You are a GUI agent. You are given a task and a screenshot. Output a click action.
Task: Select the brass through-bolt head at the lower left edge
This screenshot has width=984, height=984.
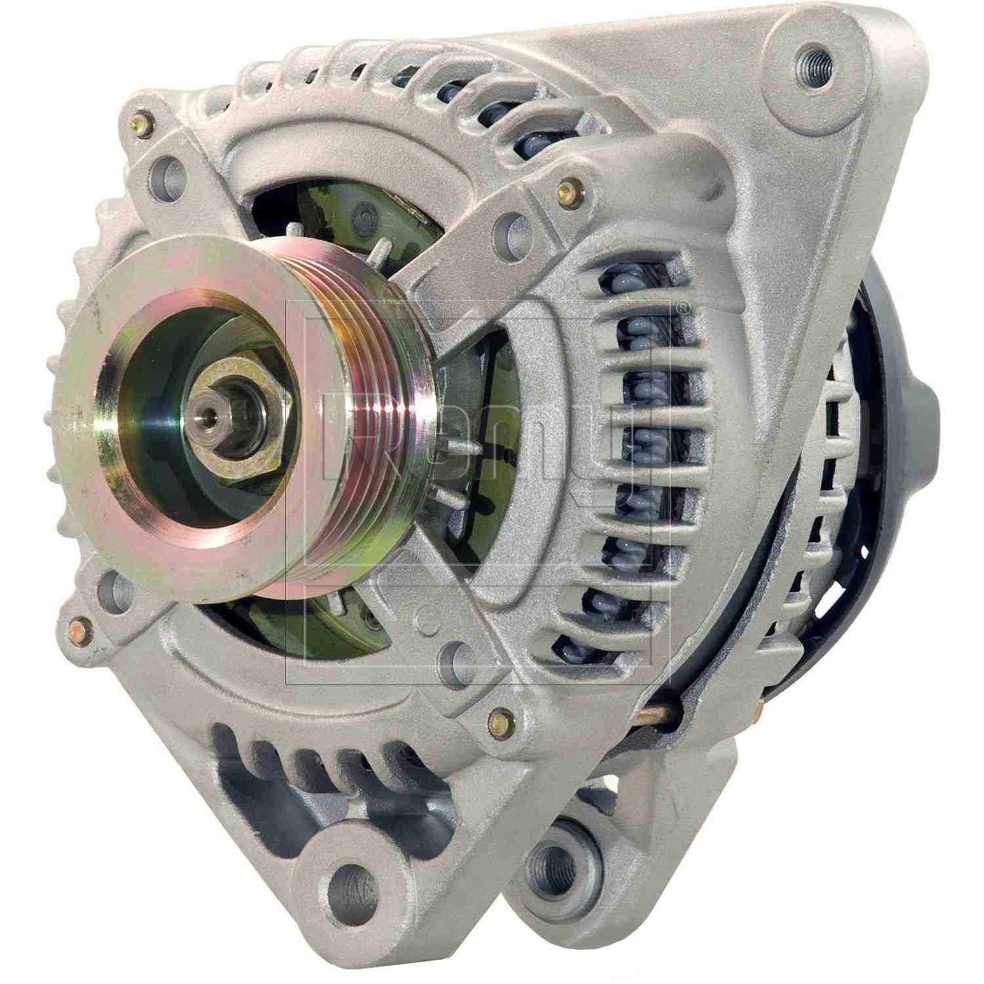pyautogui.click(x=78, y=630)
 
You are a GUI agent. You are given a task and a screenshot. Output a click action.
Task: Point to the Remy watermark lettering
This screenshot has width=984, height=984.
pyautogui.click(x=472, y=453)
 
